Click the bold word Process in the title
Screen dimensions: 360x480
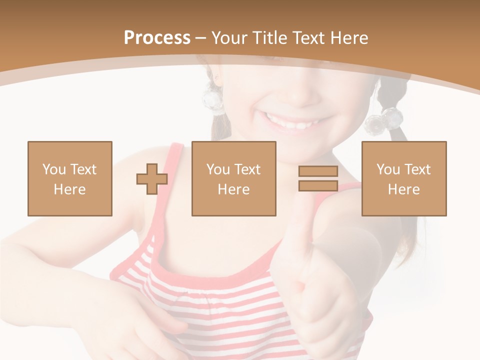click(157, 38)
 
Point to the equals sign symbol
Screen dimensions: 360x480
click(318, 178)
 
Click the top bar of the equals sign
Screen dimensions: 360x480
click(318, 171)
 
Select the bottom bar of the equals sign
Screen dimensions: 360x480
click(318, 186)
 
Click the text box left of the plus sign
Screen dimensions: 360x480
click(70, 178)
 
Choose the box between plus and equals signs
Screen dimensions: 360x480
click(233, 178)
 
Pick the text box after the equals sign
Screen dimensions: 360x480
click(404, 178)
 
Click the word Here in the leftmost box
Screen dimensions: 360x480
click(70, 189)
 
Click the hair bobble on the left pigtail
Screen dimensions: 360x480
click(213, 100)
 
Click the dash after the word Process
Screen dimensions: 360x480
click(201, 38)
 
